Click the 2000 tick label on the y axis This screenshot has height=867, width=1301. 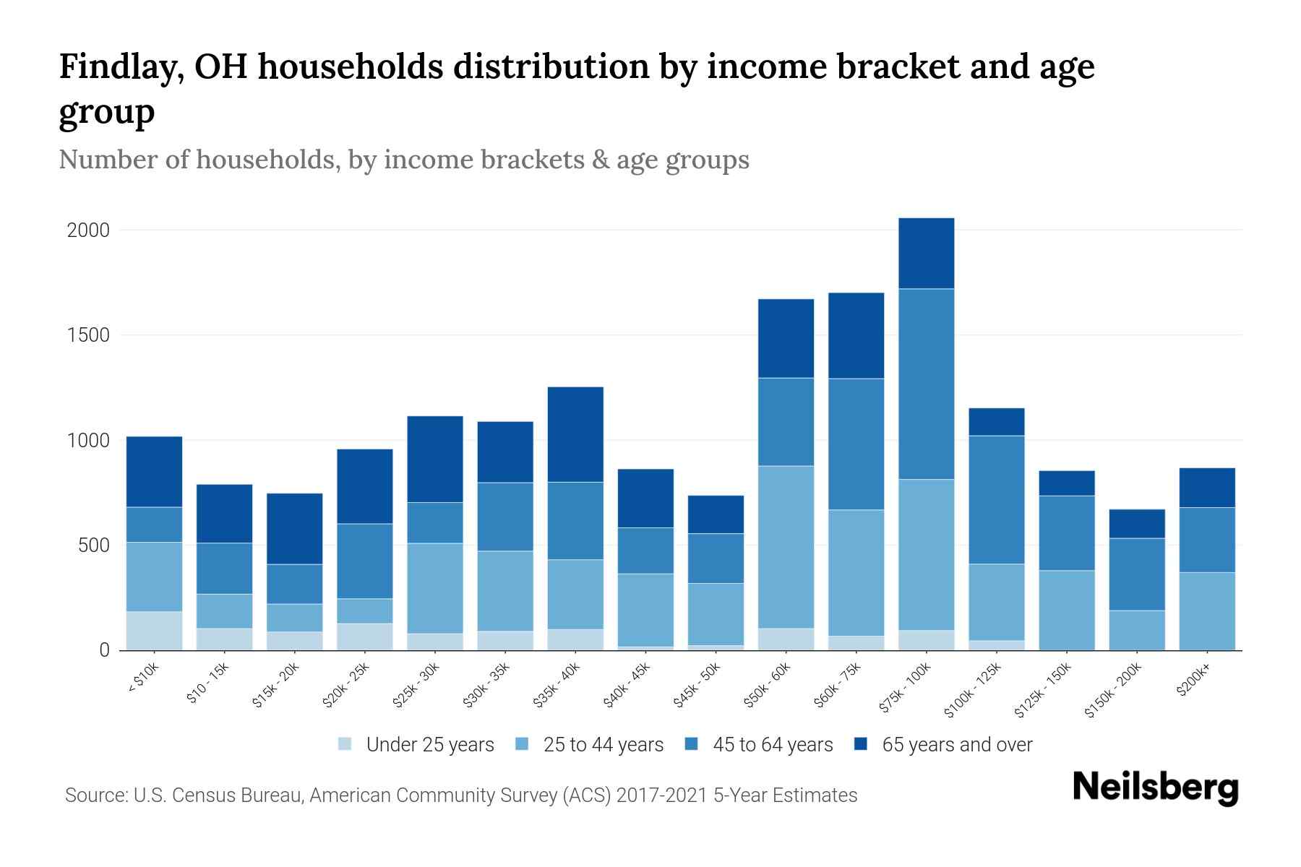click(x=88, y=230)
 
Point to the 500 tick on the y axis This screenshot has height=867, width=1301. click(x=94, y=545)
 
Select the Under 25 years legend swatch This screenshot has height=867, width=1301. click(x=345, y=744)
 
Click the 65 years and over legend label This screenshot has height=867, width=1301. click(x=956, y=745)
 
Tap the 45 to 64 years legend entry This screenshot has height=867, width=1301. click(x=772, y=745)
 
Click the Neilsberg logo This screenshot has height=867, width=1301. click(x=1155, y=787)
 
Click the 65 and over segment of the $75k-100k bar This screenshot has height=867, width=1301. click(x=926, y=254)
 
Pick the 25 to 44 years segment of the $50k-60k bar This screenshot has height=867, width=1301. click(x=786, y=547)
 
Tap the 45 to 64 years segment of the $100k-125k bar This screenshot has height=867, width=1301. click(x=996, y=499)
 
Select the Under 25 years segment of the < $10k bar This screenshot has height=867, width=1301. click(x=154, y=631)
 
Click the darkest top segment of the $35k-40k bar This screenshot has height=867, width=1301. click(x=575, y=434)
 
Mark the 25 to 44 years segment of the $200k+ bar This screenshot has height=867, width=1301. click(x=1206, y=611)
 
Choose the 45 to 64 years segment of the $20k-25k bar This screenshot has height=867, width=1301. click(x=364, y=561)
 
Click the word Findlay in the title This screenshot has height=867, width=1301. click(x=114, y=67)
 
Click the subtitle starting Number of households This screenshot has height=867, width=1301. click(x=403, y=160)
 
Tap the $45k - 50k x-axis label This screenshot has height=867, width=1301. click(x=697, y=686)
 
